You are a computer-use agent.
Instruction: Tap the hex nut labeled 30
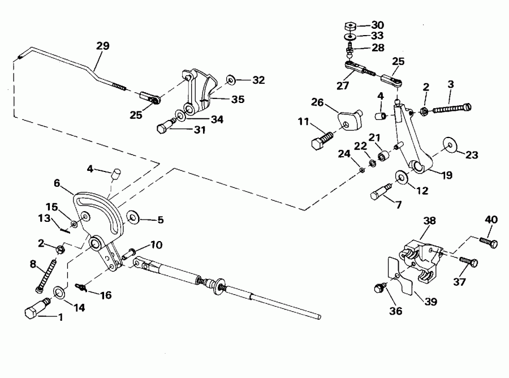coord(348,26)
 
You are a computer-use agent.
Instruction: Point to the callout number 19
coord(446,175)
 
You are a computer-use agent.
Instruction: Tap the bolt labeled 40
coord(489,243)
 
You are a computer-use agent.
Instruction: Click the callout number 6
coord(57,183)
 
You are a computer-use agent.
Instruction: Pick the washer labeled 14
coord(59,293)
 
